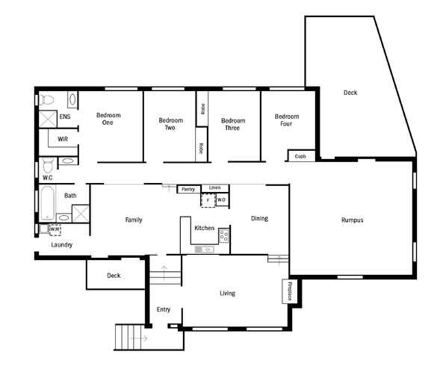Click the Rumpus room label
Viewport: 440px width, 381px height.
(352, 220)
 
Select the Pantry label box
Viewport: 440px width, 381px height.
(188, 189)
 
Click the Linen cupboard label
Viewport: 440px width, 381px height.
(214, 188)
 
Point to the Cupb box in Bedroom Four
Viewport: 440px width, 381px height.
(301, 155)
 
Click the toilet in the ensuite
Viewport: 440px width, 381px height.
(46, 99)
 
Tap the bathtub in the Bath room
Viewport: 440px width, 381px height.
(47, 203)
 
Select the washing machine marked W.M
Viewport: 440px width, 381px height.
(55, 230)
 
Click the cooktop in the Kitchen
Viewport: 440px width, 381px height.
(224, 235)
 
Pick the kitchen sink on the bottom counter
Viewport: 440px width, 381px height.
(204, 249)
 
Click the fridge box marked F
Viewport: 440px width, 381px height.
(208, 200)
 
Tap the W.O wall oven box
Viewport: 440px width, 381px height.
(222, 199)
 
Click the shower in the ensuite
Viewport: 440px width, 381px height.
(48, 119)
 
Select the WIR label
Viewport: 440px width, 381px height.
(63, 139)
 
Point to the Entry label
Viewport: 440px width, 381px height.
(164, 309)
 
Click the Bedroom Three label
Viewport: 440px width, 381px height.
(233, 124)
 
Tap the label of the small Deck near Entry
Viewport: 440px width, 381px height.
(114, 276)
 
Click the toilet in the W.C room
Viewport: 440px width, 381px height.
(48, 165)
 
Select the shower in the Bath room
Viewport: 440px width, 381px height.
(81, 214)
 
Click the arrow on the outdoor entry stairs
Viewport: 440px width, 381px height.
(139, 338)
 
